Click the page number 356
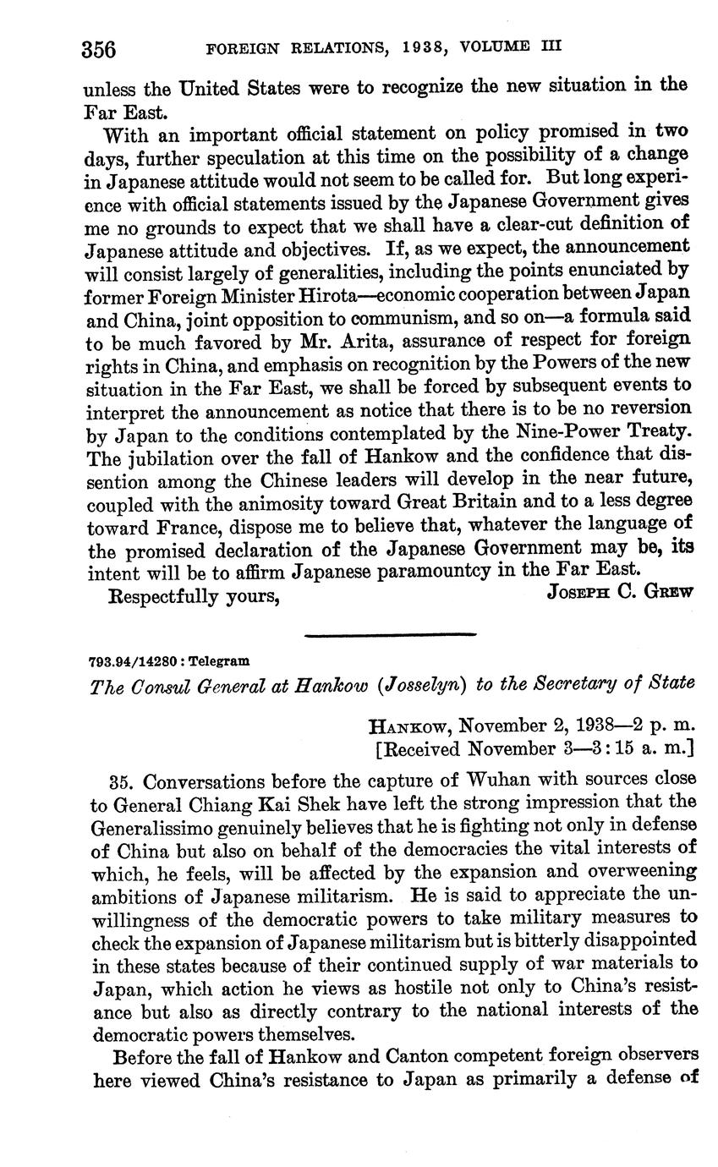coord(98,48)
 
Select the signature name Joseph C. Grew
coord(620,591)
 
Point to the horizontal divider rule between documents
coord(391,633)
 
